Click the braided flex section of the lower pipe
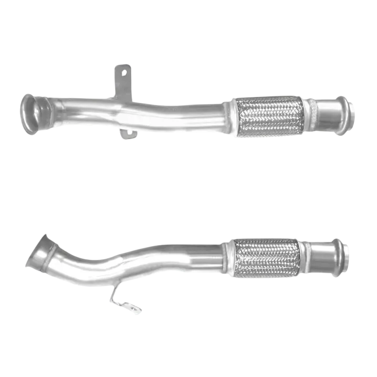(267, 258)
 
